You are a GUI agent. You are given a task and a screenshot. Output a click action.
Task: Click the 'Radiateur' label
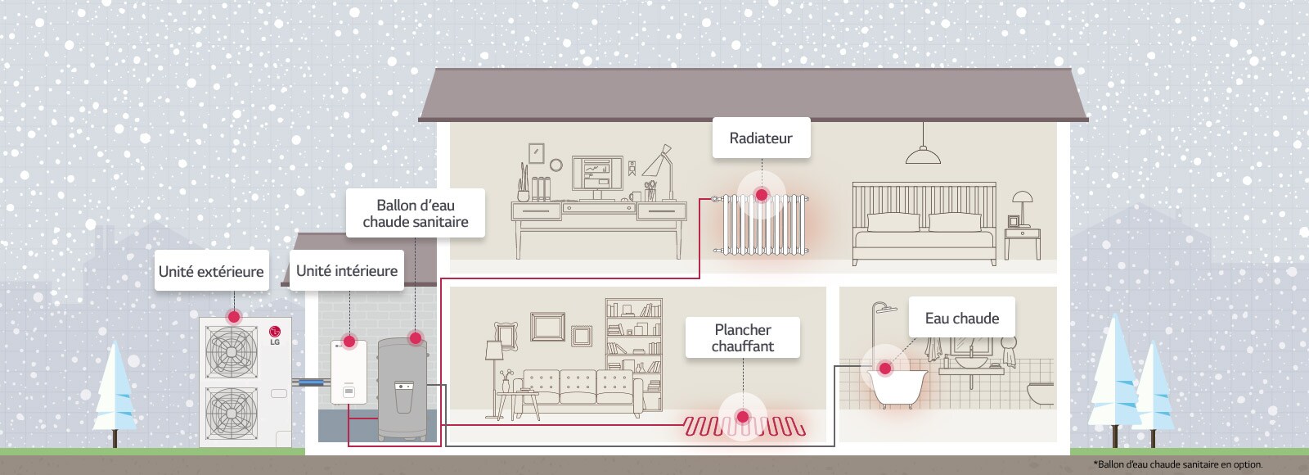click(761, 138)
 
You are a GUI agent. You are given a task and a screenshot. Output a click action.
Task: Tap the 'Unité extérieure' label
click(211, 272)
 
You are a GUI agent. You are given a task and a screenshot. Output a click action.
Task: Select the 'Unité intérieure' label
click(347, 271)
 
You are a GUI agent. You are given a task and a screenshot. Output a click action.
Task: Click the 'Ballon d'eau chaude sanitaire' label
click(416, 214)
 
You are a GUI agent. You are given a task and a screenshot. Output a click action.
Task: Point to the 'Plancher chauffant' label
click(743, 337)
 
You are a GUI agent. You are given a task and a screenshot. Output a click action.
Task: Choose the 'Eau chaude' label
click(962, 319)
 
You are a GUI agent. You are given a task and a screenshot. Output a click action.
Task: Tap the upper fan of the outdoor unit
click(231, 351)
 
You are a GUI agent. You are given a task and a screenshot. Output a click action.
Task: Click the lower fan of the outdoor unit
click(231, 412)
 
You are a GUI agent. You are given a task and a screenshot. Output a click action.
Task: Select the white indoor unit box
click(349, 373)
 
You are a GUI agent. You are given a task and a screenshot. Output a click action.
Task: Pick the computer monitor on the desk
click(596, 174)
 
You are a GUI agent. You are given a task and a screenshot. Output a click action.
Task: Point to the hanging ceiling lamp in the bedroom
click(923, 154)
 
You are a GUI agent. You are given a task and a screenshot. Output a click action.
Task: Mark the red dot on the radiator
click(762, 195)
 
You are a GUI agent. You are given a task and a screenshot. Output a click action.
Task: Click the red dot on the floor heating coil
click(743, 417)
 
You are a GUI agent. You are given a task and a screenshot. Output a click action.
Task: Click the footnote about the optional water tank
click(1177, 464)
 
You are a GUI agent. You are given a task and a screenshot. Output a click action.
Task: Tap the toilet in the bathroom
click(1041, 392)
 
